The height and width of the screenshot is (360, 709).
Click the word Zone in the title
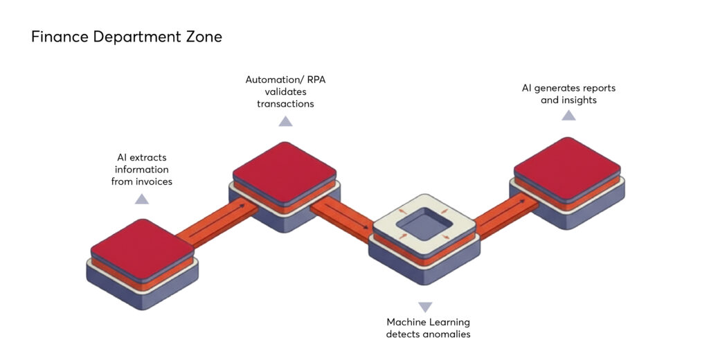point(204,37)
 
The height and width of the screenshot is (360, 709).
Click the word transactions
point(285,104)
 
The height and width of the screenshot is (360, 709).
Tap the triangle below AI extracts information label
point(141,199)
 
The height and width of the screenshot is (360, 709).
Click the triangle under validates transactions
point(285,122)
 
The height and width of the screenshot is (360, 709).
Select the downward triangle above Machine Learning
point(425,307)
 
